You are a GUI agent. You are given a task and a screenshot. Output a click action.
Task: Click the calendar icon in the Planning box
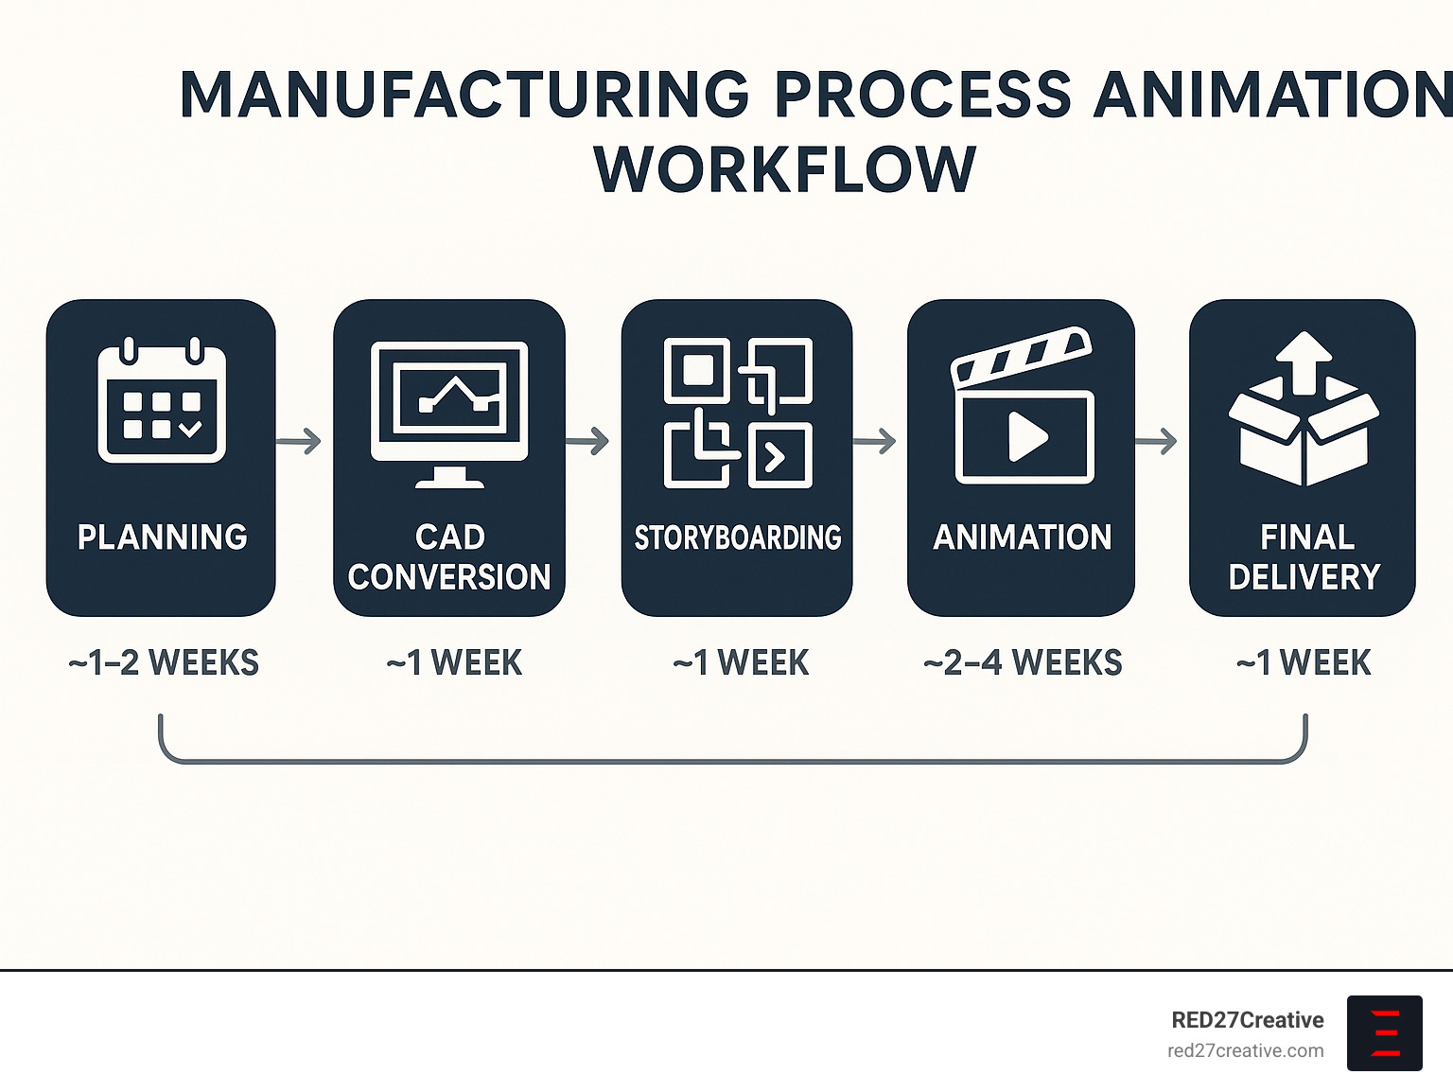tap(162, 401)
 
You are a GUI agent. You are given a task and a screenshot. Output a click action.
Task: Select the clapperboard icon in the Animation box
tap(1023, 406)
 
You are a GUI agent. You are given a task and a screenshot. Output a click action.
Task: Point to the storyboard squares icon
tap(738, 413)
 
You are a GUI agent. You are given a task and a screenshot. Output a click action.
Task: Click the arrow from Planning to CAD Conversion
tap(299, 441)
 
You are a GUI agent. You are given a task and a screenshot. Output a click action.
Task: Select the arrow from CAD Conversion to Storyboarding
tap(587, 441)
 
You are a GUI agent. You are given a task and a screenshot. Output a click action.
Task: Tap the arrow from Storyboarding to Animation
tap(875, 441)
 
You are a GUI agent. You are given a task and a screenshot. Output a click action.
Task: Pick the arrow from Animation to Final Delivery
tap(1156, 441)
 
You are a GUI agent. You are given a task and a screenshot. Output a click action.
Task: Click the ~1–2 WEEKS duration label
tap(164, 663)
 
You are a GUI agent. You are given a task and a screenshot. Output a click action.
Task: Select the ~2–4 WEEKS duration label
tap(1023, 663)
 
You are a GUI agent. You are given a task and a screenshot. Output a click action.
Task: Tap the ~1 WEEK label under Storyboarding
tap(741, 663)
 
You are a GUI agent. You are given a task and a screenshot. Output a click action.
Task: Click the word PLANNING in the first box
tap(163, 537)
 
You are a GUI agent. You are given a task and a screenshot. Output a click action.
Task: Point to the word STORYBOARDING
tap(738, 537)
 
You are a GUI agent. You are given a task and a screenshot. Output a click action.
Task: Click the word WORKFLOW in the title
tap(785, 170)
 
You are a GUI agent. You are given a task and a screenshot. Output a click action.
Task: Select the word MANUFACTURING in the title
tap(464, 95)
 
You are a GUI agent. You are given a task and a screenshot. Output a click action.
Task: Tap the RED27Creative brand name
tap(1247, 1020)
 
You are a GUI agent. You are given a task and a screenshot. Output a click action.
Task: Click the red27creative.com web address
tap(1245, 1050)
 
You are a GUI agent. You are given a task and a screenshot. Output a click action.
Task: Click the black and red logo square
tap(1384, 1032)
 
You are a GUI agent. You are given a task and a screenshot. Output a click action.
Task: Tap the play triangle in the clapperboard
tap(1027, 437)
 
